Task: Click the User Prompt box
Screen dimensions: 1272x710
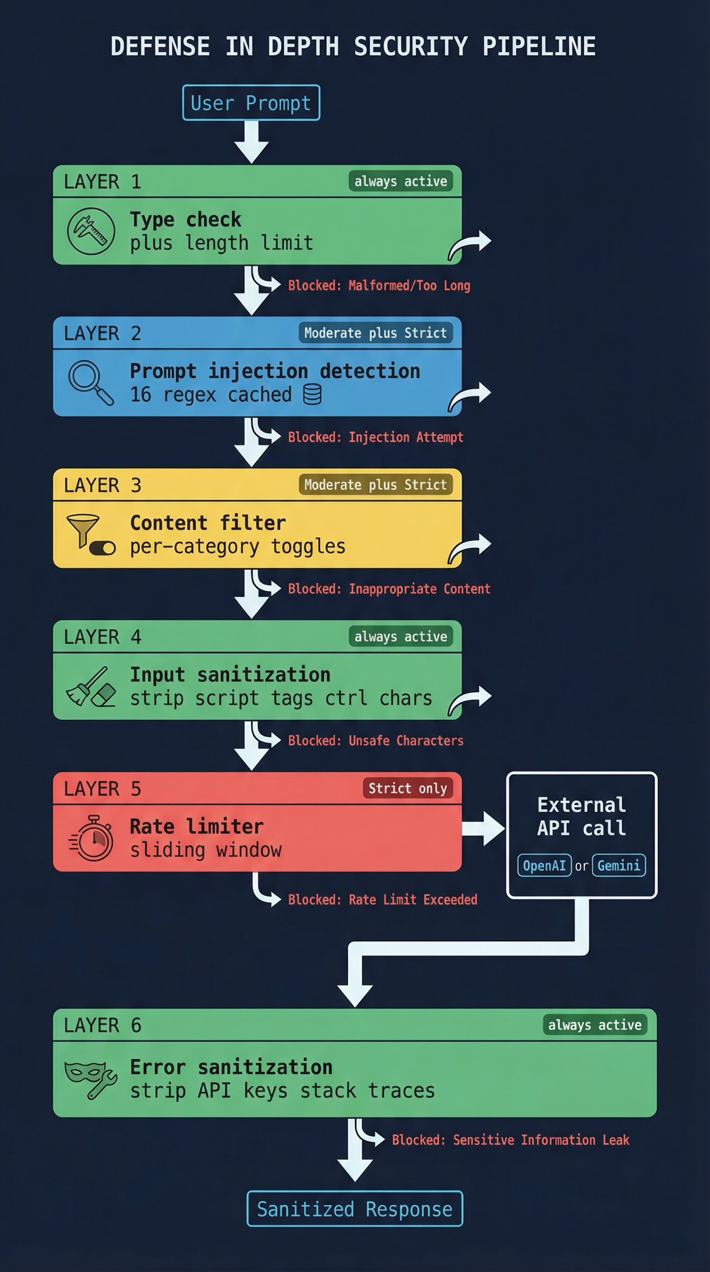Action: pyautogui.click(x=251, y=103)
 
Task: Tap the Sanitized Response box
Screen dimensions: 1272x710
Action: pyautogui.click(x=354, y=1208)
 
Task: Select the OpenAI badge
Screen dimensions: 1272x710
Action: pyautogui.click(x=544, y=866)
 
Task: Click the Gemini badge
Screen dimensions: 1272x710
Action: pyautogui.click(x=618, y=866)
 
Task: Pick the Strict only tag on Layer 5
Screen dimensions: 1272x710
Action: pyautogui.click(x=407, y=788)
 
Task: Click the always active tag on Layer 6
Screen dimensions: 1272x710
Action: pyautogui.click(x=595, y=1025)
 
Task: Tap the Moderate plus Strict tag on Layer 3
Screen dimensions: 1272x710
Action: pyautogui.click(x=375, y=485)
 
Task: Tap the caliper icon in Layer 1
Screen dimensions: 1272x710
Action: pyautogui.click(x=91, y=231)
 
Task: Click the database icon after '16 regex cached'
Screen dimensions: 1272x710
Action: pyautogui.click(x=312, y=395)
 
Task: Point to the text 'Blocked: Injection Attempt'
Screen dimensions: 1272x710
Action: pyautogui.click(x=375, y=437)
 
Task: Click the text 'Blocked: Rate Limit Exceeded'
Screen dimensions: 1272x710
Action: pyautogui.click(x=382, y=899)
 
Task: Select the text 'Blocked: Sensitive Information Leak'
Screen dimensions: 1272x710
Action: pyautogui.click(x=510, y=1139)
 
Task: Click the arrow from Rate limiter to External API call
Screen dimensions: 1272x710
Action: pyautogui.click(x=482, y=828)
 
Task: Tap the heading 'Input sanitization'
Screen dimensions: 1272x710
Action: pyautogui.click(x=230, y=674)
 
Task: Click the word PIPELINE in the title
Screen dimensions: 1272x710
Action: pyautogui.click(x=538, y=47)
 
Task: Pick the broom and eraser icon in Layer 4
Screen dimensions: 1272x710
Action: pyautogui.click(x=91, y=687)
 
